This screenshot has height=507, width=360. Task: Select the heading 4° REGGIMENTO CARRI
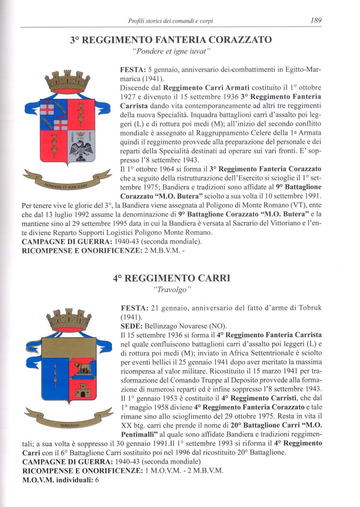[x=171, y=278]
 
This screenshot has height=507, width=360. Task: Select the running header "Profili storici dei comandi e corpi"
[x=170, y=21]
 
